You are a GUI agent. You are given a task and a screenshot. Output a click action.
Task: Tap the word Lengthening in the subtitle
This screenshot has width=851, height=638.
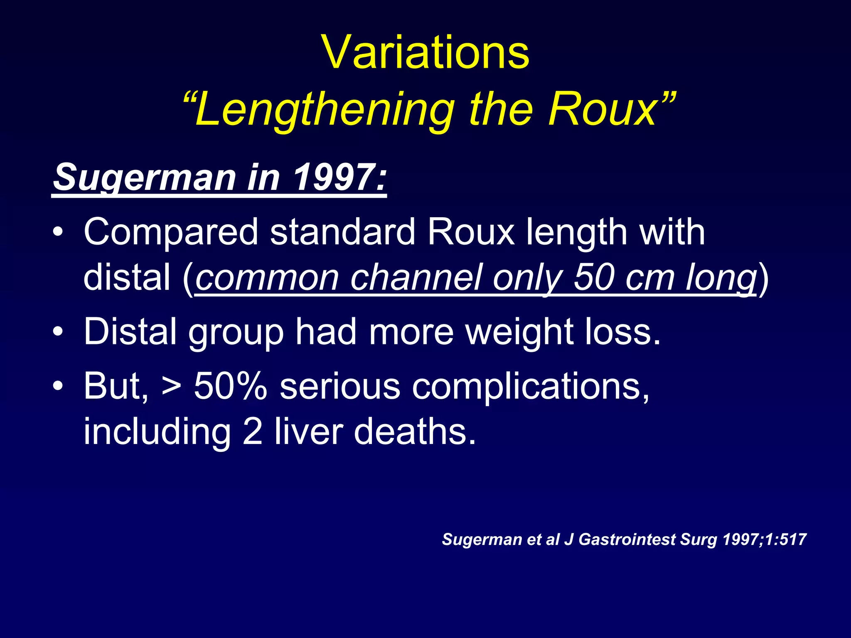click(x=324, y=110)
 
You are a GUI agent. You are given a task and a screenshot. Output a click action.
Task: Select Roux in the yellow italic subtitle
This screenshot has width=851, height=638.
click(x=602, y=110)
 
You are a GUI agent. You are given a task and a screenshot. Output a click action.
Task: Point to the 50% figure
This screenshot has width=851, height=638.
click(x=231, y=386)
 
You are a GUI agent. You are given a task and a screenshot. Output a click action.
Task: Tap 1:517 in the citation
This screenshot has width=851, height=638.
click(x=786, y=540)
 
